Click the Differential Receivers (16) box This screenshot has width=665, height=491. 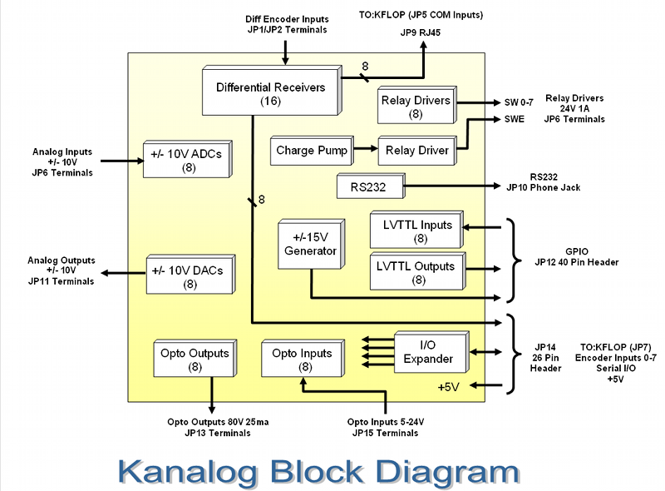(x=270, y=92)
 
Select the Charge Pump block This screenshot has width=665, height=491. (x=307, y=151)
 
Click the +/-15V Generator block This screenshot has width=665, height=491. (x=310, y=245)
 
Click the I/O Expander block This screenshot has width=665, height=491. (x=428, y=352)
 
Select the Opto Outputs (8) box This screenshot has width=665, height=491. (x=192, y=360)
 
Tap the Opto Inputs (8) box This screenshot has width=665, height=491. (x=301, y=360)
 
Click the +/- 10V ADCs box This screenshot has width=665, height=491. (x=187, y=158)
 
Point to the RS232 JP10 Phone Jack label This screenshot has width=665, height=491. (x=554, y=182)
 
